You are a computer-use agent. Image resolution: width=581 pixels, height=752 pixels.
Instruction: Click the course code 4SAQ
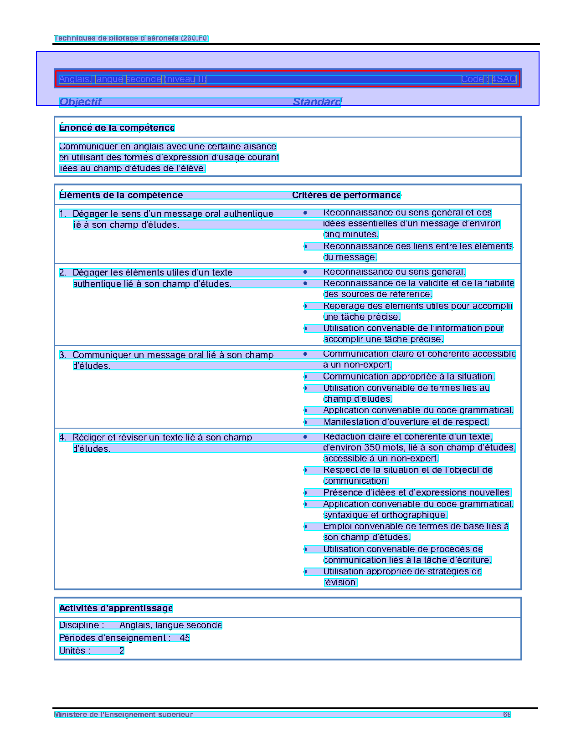(x=504, y=79)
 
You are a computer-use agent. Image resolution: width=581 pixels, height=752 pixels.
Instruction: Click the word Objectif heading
(x=80, y=102)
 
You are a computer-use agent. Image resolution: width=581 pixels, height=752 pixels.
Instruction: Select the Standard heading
(x=317, y=102)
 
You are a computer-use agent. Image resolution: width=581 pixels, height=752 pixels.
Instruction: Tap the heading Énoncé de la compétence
(x=117, y=128)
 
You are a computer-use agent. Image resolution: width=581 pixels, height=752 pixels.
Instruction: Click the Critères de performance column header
(x=346, y=195)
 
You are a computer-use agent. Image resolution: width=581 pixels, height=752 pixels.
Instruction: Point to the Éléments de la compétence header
(x=121, y=195)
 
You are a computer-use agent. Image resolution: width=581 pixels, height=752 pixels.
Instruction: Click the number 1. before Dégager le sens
(x=62, y=214)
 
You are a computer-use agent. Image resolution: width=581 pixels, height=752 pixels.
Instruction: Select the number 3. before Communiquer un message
(x=62, y=355)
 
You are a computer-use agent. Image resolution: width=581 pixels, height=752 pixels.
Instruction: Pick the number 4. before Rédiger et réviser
(x=62, y=438)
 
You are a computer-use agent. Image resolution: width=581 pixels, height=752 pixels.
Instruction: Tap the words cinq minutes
(x=351, y=235)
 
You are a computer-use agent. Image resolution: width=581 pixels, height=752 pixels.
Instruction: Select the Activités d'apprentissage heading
(x=116, y=609)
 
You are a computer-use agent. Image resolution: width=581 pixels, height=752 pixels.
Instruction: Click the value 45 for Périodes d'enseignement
(x=185, y=638)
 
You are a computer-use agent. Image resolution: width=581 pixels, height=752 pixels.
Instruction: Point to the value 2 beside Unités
(x=122, y=651)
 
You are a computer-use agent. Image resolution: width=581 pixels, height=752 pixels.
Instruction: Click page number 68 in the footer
(x=507, y=715)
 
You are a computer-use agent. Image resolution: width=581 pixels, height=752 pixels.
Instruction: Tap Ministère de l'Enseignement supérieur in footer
(x=123, y=715)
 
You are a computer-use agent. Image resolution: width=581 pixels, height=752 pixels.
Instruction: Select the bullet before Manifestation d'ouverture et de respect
(x=305, y=422)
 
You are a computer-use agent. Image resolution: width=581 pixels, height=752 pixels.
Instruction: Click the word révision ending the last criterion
(x=341, y=583)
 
